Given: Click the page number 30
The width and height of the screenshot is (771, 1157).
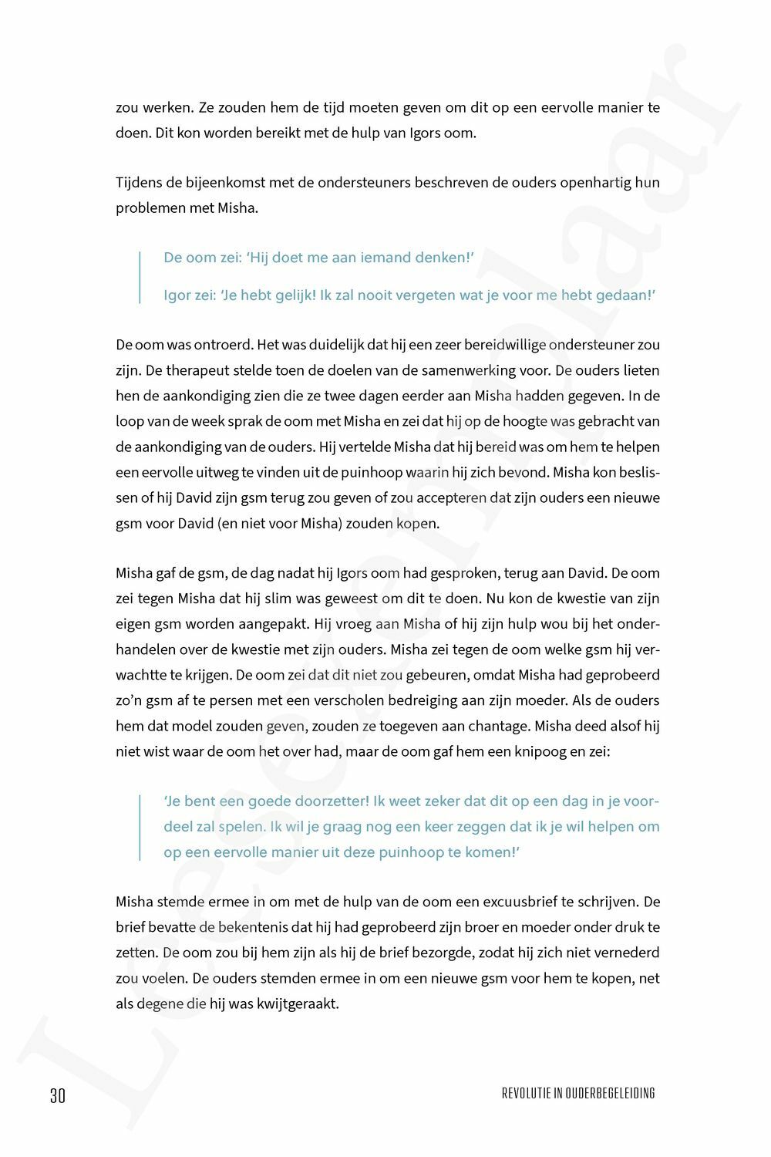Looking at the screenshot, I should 58,1095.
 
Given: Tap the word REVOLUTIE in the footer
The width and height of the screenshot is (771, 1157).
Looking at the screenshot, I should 526,1093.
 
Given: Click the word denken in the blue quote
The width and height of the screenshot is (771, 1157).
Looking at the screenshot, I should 438,258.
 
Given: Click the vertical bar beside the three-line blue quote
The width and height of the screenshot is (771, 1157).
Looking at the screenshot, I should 140,827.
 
